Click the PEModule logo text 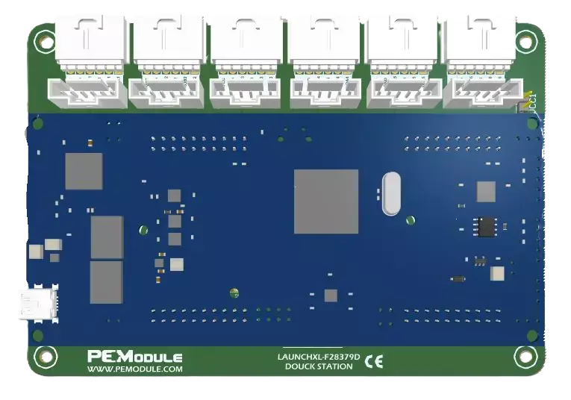tap(134, 357)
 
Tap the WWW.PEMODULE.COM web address tap(134, 369)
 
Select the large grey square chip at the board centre tap(326, 201)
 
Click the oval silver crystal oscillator tap(391, 194)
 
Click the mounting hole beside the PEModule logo tap(44, 357)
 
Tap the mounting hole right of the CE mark tap(526, 357)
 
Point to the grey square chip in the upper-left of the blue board tap(84, 172)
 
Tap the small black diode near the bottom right tap(458, 279)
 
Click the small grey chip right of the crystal tap(486, 192)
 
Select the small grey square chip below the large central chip tap(331, 296)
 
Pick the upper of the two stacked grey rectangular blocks tap(107, 237)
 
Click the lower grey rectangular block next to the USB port tap(106, 282)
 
